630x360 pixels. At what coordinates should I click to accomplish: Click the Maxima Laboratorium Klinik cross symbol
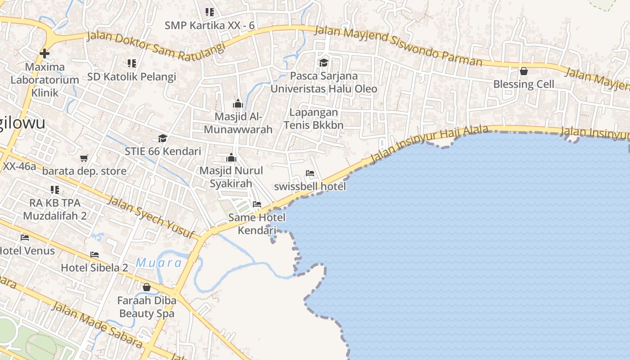[44, 54]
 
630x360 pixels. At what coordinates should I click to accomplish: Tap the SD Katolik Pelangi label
[131, 77]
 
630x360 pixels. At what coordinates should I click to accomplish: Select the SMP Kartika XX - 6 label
[209, 25]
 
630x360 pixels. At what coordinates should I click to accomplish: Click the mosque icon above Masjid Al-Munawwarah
[238, 104]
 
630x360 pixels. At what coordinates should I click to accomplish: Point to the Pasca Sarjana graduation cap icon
[324, 63]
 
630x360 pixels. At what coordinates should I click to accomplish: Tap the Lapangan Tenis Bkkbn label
[313, 119]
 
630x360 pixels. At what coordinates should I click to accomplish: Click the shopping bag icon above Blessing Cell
[523, 71]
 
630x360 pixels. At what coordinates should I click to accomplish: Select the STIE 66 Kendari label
[162, 151]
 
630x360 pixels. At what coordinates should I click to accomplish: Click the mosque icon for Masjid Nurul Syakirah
[231, 157]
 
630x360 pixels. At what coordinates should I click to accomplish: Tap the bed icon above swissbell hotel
[310, 173]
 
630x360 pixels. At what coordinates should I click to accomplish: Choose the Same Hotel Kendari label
[257, 224]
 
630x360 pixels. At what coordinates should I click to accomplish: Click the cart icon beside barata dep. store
[84, 158]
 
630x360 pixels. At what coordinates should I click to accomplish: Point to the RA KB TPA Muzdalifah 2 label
[55, 209]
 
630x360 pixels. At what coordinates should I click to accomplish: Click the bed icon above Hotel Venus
[25, 238]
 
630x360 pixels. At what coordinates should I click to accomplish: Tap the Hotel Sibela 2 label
[94, 267]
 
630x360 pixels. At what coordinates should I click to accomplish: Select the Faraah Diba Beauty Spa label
[147, 306]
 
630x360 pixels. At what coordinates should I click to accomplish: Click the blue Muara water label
[159, 263]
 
